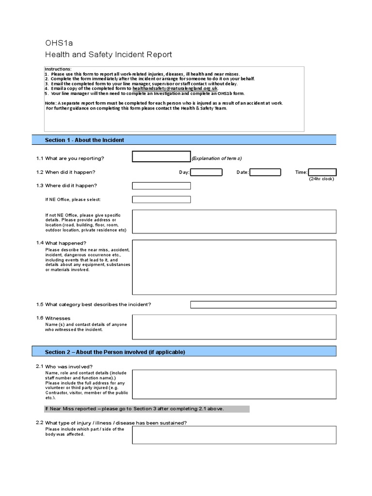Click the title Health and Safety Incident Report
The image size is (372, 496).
pos(108,55)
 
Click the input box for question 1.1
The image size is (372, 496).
pos(161,156)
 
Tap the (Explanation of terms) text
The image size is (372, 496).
pos(217,158)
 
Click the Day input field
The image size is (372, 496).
pos(206,172)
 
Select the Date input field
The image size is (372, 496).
pos(265,172)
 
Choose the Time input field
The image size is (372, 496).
pos(322,172)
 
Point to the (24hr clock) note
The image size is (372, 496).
pos(322,179)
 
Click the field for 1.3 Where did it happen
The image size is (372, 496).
pos(161,186)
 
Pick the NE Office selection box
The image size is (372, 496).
pos(161,199)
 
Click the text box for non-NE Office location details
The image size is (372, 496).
pos(234,221)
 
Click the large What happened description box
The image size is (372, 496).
pos(234,267)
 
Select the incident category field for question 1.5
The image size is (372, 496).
pos(263,304)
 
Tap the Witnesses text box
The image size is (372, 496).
pos(234,326)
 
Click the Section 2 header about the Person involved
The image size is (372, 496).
pos(115,352)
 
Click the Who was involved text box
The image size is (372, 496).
pos(234,384)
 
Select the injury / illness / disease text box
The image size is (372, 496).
pos(234,434)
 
